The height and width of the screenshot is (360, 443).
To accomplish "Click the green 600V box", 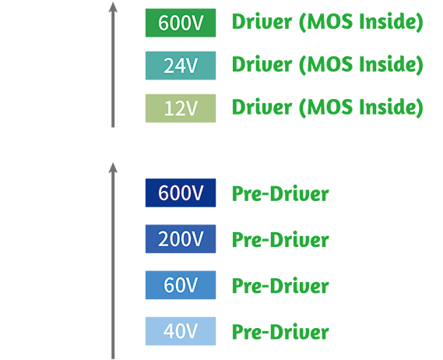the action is point(181,23).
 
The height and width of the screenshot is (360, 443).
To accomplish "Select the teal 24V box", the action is point(181,65).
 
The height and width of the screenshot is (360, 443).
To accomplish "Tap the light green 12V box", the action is point(181,108).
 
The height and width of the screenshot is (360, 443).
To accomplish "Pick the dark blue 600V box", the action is point(181,193).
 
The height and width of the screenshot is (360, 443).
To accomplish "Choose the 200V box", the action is point(181,239).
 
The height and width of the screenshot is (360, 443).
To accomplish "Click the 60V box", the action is point(181,285).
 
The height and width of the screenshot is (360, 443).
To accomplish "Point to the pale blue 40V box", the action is point(181,331).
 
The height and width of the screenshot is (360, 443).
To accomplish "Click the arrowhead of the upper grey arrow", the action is point(113,7).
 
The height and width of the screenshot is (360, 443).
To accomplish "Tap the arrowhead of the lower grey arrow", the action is point(113,168).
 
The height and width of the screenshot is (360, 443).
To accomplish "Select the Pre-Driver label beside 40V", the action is point(280,332).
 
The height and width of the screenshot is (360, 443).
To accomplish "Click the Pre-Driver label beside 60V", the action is point(280,286).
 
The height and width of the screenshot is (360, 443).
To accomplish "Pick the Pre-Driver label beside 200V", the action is point(280,239).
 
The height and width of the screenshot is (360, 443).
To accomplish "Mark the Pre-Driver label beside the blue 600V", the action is point(280,193).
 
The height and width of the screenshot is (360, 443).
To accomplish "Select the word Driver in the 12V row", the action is point(262,108).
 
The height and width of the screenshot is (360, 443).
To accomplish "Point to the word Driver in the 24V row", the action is point(262,65).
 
